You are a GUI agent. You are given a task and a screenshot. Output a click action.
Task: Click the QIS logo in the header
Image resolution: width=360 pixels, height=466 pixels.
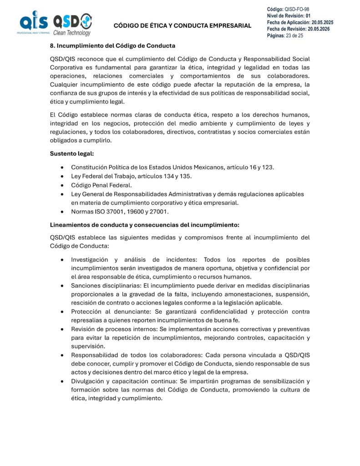tap(33, 23)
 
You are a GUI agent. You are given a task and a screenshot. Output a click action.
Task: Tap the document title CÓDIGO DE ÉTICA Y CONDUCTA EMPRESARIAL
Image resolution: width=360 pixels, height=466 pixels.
tap(182, 25)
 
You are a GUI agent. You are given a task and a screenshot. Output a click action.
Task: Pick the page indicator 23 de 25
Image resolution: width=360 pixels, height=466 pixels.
tap(294, 35)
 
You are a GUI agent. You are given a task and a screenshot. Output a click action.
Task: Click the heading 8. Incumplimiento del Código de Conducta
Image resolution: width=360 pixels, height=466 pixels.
tap(112, 46)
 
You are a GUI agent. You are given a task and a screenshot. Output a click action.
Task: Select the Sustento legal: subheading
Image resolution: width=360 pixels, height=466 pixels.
tap(71, 153)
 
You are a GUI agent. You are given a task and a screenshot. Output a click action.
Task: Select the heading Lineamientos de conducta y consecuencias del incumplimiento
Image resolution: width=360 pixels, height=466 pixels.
tap(144, 225)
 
